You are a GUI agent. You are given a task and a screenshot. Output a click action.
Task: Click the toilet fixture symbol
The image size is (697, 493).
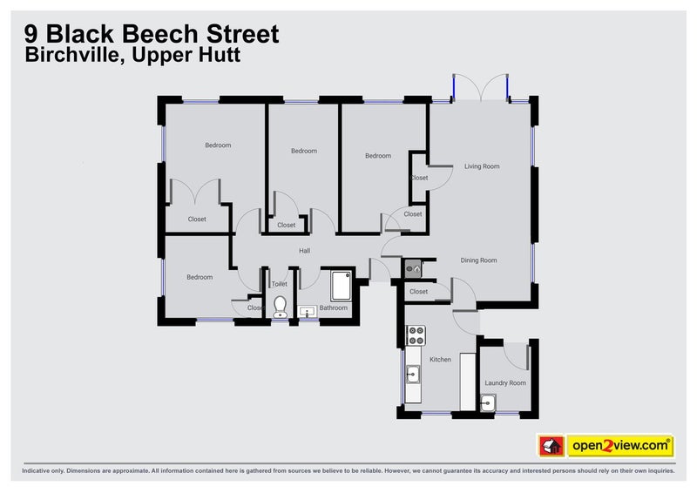(x=280, y=306)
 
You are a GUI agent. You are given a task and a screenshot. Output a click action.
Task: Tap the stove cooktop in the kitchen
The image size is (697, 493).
(x=415, y=335)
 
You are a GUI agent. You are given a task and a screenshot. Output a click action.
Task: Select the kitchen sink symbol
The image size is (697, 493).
(x=412, y=375)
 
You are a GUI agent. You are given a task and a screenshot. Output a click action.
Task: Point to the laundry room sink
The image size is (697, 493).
(x=488, y=402)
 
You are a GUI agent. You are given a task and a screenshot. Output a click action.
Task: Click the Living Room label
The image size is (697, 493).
(x=482, y=165)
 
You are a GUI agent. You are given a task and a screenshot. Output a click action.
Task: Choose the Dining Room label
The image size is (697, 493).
(x=478, y=260)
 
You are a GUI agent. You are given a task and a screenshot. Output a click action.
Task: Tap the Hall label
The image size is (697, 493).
(x=304, y=251)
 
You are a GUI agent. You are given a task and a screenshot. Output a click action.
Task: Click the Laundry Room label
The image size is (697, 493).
(x=505, y=382)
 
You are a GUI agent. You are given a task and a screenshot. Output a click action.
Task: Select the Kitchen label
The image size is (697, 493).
(x=440, y=359)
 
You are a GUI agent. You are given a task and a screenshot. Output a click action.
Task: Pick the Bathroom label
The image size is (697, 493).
(x=333, y=307)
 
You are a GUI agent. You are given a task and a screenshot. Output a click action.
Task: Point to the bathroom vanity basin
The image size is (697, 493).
(x=307, y=310)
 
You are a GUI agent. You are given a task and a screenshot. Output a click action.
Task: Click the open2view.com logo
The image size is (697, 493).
(x=620, y=445)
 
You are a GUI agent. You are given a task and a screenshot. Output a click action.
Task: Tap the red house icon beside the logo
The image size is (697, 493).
(x=550, y=445)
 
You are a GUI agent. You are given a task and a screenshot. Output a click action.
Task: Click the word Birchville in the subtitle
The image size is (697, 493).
(x=64, y=55)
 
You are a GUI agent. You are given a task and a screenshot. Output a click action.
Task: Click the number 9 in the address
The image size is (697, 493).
(x=31, y=34)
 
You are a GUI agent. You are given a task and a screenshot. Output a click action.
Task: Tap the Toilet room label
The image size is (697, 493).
(x=280, y=284)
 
